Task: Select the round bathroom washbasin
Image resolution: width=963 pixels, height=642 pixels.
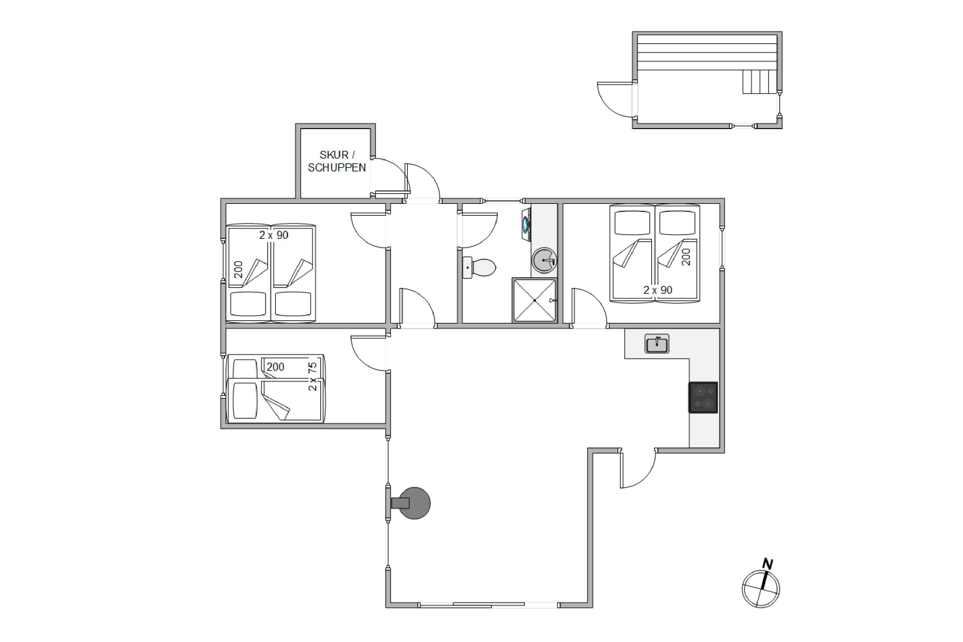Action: [544, 260]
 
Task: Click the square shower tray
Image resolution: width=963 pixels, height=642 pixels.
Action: [534, 300]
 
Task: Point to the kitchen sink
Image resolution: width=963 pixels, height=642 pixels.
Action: [656, 343]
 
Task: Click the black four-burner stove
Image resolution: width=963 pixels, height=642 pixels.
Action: [703, 397]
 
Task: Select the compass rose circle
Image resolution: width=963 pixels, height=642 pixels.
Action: [761, 589]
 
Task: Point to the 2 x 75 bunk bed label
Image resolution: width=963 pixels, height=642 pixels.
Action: [312, 376]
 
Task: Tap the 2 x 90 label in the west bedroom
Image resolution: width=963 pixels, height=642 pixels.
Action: [273, 235]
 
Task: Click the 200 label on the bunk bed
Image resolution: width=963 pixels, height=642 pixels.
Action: [275, 367]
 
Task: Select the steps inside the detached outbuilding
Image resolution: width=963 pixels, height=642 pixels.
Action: [759, 82]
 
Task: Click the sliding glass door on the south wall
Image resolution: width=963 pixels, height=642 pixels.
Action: [489, 605]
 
